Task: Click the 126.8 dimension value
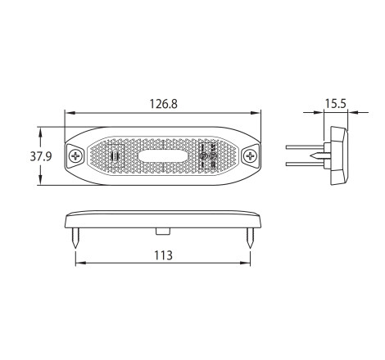pyautogui.click(x=163, y=104)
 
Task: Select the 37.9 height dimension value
pyautogui.click(x=41, y=156)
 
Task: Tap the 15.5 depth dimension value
pyautogui.click(x=335, y=104)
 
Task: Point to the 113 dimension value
pyautogui.click(x=163, y=255)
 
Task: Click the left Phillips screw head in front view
pyautogui.click(x=75, y=156)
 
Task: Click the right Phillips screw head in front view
pyautogui.click(x=250, y=156)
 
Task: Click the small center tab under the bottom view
pyautogui.click(x=163, y=232)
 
